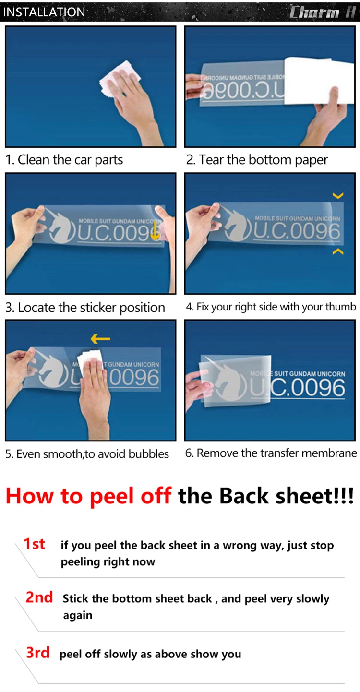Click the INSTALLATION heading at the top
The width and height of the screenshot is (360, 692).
44,12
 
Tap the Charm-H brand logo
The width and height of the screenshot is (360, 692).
322,12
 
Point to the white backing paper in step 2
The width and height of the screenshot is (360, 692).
318,81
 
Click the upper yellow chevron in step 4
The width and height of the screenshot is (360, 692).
338,195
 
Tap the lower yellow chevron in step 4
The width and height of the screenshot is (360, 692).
338,252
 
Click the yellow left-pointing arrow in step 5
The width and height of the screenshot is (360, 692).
100,339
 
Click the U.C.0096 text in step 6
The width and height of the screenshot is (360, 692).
298,388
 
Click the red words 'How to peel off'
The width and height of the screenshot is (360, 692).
88,496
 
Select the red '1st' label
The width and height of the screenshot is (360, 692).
34,544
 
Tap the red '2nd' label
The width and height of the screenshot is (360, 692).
39,597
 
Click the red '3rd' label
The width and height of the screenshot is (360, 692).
38,653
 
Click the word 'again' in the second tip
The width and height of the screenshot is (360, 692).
78,615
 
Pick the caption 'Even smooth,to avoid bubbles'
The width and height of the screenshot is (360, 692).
87,454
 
